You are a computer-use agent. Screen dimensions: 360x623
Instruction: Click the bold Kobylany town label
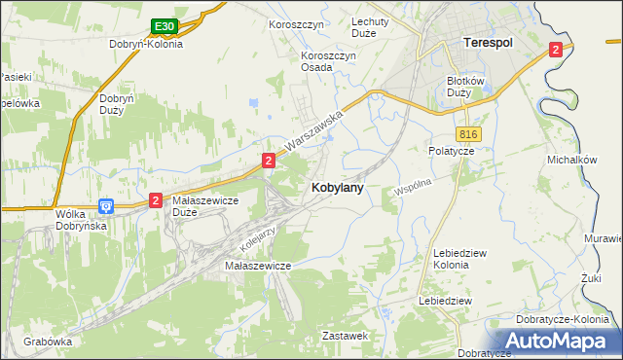pos(338,188)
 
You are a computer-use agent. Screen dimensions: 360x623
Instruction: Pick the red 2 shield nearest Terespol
pos(555,50)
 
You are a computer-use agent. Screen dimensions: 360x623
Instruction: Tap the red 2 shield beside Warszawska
pos(267,159)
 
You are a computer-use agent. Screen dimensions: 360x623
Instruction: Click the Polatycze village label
pos(451,151)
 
